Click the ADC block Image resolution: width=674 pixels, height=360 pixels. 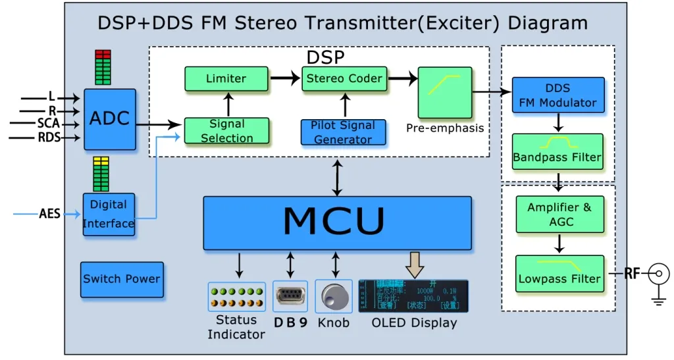(110, 119)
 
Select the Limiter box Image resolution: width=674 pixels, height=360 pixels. (226, 78)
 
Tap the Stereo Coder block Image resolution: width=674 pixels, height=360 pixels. (343, 78)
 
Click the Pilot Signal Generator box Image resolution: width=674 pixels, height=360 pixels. (344, 132)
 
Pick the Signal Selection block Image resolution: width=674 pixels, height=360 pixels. (226, 131)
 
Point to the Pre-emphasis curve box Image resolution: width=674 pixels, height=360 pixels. (445, 92)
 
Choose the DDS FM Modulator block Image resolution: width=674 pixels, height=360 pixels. (557, 95)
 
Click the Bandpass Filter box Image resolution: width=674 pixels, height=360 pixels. (557, 151)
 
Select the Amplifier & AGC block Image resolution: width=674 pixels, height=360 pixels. (559, 214)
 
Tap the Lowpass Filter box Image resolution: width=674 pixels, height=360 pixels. (559, 273)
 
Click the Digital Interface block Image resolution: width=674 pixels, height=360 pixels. (109, 214)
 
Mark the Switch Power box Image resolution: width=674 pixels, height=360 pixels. (122, 279)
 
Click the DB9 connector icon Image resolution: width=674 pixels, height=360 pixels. (290, 296)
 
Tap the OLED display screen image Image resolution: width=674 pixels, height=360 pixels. (413, 296)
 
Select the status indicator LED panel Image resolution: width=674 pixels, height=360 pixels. (236, 296)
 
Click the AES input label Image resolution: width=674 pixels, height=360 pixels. (50, 214)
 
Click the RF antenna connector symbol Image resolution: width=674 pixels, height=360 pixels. (659, 272)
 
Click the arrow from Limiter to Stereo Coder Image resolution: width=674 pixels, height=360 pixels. (284, 78)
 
